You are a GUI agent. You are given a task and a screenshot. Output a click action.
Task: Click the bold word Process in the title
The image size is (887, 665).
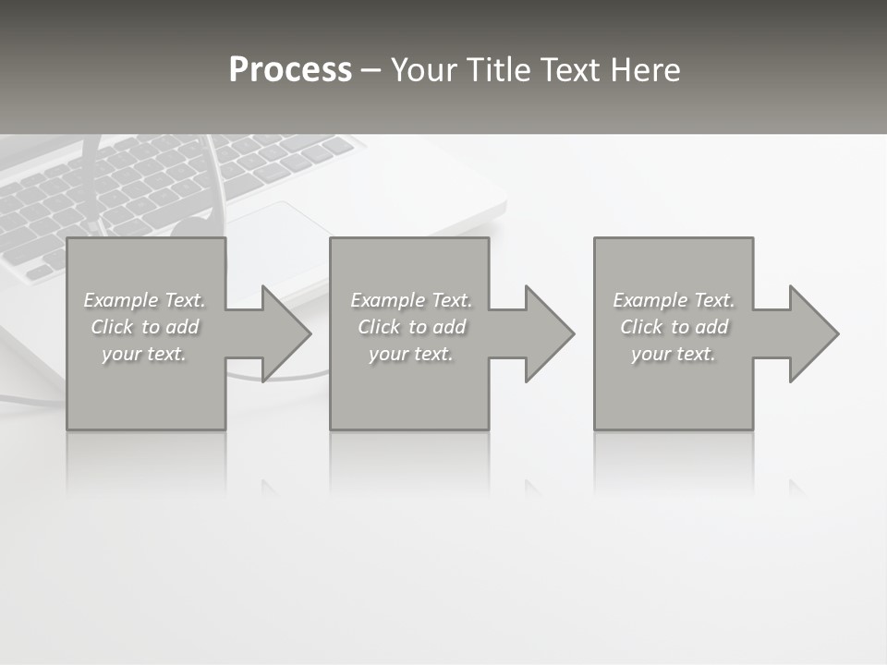coord(290,70)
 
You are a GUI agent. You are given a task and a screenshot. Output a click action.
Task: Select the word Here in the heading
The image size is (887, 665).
coord(645,70)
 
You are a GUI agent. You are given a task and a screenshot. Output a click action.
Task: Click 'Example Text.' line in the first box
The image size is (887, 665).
coord(144,300)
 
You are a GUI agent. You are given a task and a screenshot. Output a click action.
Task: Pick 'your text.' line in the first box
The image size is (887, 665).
coord(144,354)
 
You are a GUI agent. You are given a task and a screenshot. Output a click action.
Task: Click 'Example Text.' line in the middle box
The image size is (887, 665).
coord(411,300)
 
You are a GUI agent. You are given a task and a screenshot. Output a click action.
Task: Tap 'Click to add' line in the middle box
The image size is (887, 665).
coord(411,327)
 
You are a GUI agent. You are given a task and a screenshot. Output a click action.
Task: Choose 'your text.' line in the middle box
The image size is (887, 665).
coord(411,354)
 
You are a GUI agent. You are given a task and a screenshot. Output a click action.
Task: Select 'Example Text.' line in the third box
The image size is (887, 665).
coord(674,300)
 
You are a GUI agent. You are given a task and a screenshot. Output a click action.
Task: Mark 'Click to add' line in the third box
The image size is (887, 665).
coord(674,327)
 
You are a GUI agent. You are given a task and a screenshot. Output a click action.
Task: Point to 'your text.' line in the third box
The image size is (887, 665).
coord(674,354)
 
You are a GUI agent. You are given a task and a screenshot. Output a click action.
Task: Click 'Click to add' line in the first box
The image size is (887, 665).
coord(144,327)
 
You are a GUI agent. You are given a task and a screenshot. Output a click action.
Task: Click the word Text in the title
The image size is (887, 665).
coord(570,70)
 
